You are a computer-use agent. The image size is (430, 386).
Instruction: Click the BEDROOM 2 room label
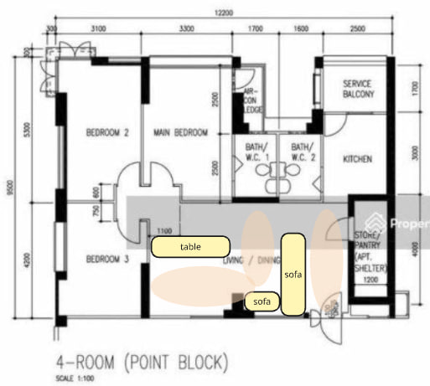click(x=107, y=132)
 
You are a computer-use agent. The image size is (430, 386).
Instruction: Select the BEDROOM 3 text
click(x=107, y=260)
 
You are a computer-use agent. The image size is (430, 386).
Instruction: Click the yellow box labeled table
click(x=190, y=247)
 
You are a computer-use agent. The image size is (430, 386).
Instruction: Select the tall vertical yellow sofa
click(x=293, y=275)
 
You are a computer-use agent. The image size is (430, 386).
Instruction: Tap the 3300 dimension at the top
click(x=190, y=31)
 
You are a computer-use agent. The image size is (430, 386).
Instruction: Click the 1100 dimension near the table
click(x=164, y=230)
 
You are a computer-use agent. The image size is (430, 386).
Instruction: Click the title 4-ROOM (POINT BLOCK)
click(x=141, y=363)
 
